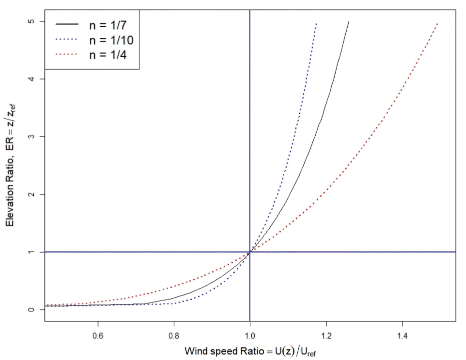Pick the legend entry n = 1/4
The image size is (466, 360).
104,54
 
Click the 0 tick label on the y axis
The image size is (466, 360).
30,309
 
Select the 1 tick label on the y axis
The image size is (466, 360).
30,252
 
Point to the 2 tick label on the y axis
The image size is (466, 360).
30,194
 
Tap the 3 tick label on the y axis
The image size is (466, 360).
30,136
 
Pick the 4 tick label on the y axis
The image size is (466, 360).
30,79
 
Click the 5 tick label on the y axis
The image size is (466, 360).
30,21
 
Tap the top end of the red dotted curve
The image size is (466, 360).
438,23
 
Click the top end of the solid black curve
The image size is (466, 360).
349,22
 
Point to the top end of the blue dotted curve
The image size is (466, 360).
316,23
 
